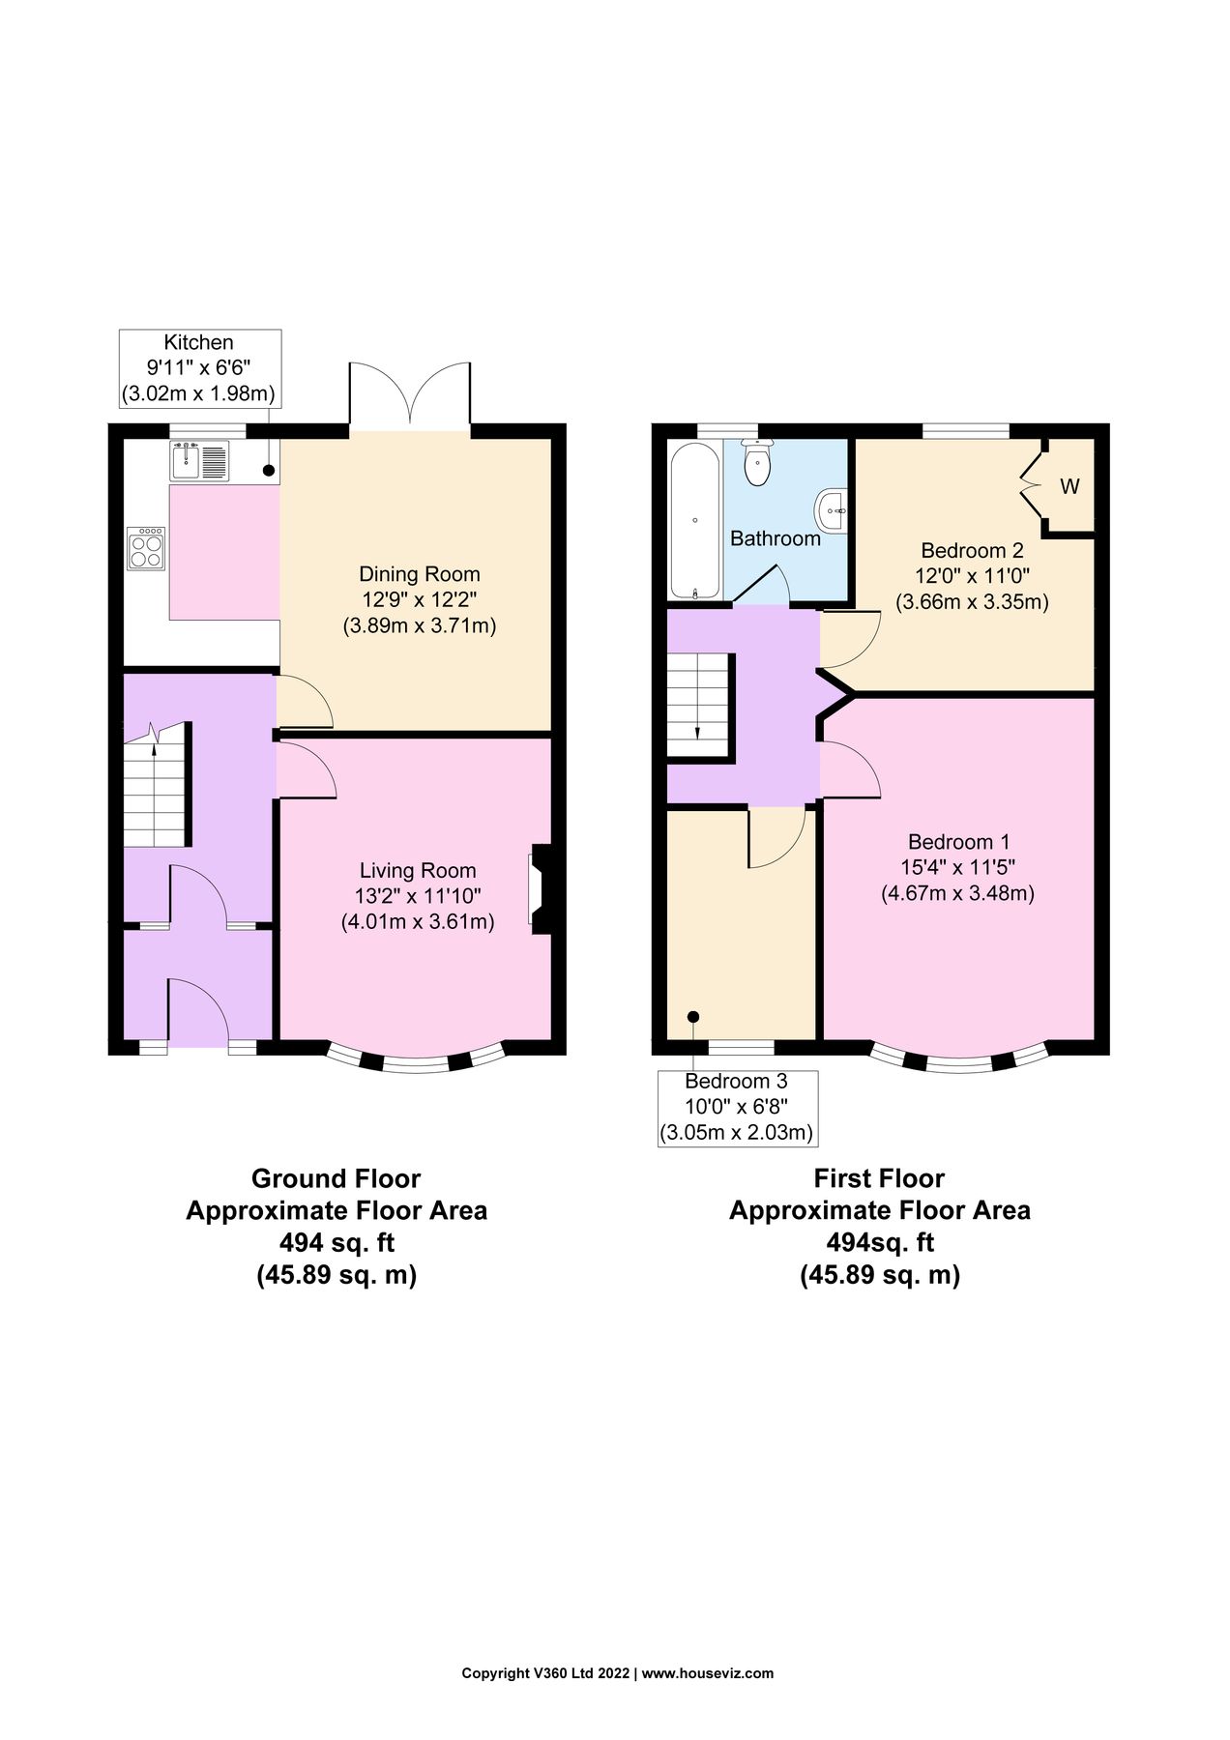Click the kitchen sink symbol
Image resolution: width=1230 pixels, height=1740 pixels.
(x=199, y=460)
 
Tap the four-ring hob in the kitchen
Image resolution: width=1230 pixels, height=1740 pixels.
(x=146, y=548)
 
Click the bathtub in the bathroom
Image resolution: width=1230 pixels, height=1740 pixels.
(x=695, y=520)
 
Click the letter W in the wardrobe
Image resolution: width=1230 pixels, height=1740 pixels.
(x=1069, y=487)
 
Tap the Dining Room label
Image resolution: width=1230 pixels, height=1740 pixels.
(x=420, y=574)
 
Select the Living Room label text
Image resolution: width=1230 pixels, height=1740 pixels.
(x=418, y=871)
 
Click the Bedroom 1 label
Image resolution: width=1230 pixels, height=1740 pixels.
(x=958, y=842)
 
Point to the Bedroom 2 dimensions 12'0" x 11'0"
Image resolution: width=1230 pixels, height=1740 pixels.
(x=972, y=576)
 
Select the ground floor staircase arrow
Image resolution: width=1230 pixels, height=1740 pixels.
(x=155, y=735)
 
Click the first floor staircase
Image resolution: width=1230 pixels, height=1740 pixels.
(x=697, y=706)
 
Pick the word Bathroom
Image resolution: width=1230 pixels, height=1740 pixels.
(x=776, y=538)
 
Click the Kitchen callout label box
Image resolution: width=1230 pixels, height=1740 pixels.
(x=199, y=367)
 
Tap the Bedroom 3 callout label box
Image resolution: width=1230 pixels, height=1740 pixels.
(x=737, y=1107)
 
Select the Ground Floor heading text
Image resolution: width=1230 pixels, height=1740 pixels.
(x=336, y=1179)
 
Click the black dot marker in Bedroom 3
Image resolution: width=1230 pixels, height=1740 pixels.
(x=693, y=1016)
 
